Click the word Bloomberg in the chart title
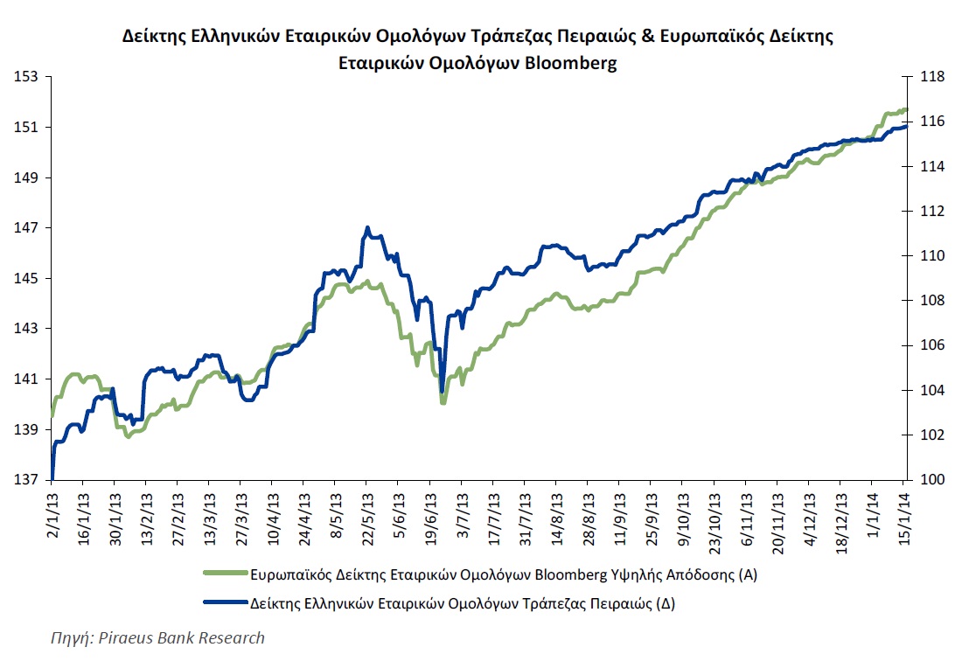566,63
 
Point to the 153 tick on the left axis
29,77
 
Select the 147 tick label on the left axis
29,228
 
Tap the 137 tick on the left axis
29,480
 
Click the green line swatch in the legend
224,574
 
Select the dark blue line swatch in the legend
224,603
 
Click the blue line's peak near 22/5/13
366,227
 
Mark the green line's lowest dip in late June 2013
443,403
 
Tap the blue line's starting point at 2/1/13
52,477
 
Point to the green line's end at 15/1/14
907,109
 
